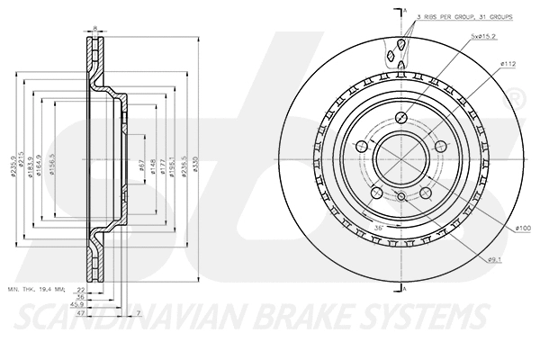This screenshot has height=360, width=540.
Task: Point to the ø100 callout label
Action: click(523, 229)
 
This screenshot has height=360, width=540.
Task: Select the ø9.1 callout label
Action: click(493, 259)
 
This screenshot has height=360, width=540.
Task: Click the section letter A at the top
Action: click(406, 10)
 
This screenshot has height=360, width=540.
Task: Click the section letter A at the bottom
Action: click(406, 288)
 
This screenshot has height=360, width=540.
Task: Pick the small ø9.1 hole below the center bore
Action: click(400, 196)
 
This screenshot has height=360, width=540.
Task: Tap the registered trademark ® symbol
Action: click(517, 95)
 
